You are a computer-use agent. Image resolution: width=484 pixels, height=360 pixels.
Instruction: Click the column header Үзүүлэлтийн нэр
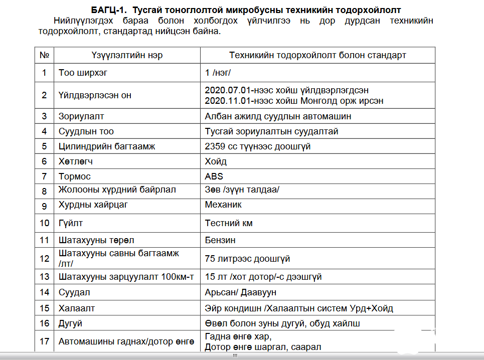127,55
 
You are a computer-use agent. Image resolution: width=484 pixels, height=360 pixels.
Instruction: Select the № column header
44,55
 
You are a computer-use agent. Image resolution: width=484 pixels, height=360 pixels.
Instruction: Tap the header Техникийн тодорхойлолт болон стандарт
317,55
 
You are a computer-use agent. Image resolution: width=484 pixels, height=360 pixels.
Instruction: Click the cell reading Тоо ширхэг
83,73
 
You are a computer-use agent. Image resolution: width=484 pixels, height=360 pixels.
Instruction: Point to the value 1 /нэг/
218,73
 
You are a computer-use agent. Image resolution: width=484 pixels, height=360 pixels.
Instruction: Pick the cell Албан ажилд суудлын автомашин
278,116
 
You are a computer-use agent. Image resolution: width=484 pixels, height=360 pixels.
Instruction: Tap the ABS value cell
214,176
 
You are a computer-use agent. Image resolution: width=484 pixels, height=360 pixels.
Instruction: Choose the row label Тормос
75,176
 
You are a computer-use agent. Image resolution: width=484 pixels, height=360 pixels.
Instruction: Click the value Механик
223,205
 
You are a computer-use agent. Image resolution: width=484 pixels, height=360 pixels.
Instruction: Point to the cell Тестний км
229,223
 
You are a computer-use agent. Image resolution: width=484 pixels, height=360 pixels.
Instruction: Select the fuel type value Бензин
220,240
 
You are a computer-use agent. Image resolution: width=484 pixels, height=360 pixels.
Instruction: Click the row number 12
45,259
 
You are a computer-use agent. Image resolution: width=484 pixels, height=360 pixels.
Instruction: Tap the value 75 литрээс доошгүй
247,259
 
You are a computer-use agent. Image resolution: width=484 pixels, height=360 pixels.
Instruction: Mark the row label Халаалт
77,308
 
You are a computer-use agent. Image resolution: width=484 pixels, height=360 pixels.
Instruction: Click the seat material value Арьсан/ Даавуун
240,292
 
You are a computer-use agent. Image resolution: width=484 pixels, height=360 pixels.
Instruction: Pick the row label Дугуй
70,323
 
